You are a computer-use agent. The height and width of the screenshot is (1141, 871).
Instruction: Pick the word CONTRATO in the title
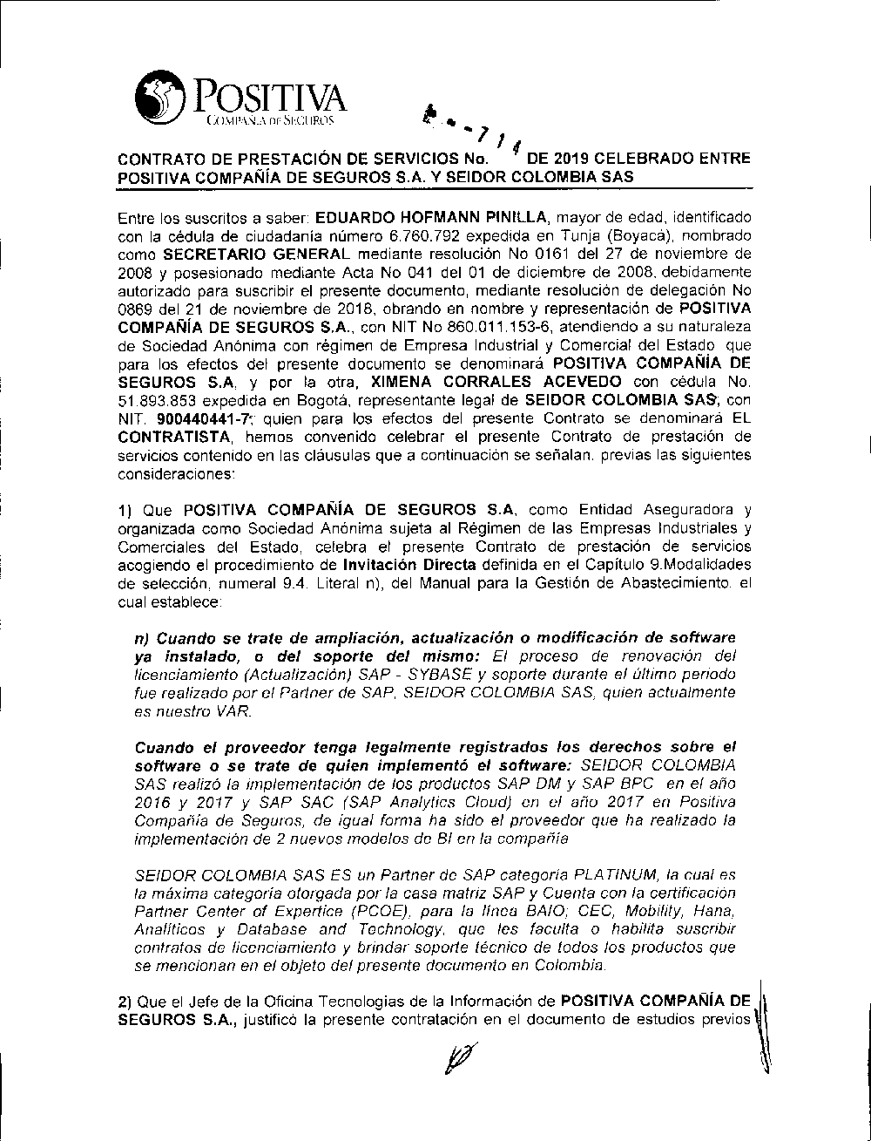click(159, 161)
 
